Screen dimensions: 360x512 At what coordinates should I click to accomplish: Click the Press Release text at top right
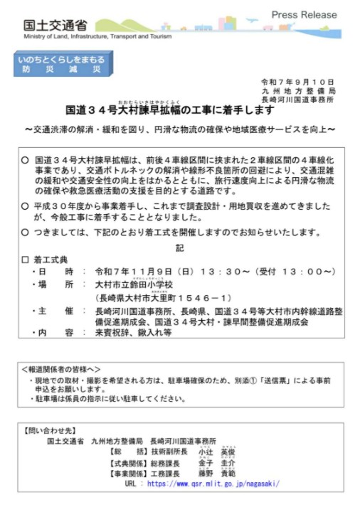[x=305, y=14]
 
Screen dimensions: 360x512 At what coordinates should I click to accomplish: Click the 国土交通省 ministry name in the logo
[x=49, y=25]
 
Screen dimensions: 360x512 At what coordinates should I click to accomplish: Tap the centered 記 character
[x=179, y=247]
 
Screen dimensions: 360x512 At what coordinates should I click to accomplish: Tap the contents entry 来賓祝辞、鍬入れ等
[x=132, y=332]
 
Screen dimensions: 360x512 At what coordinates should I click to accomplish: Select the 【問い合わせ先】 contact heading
[x=50, y=431]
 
